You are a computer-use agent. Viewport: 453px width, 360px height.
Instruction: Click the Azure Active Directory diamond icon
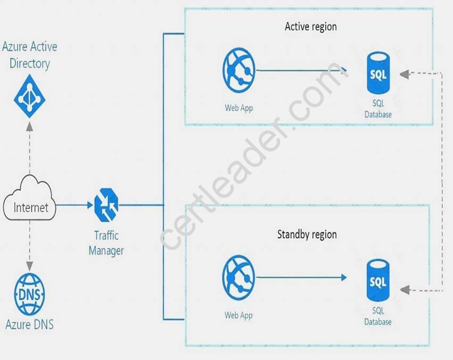[29, 96]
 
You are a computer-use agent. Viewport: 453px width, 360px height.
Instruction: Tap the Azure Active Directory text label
[29, 55]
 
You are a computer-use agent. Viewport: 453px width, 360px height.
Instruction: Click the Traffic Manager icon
[106, 205]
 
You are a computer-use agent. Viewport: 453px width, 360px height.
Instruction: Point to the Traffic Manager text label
[106, 243]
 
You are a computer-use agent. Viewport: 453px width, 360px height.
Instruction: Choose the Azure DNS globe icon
[29, 294]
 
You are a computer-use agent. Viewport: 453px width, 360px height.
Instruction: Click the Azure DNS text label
[29, 324]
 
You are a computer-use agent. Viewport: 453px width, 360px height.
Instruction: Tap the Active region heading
[311, 27]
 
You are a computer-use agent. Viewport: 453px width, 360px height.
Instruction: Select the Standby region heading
[307, 234]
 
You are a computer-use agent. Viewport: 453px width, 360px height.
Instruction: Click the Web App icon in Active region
[239, 70]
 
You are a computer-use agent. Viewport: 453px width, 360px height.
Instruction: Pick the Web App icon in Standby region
[238, 277]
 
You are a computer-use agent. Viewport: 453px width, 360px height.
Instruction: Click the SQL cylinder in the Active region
[378, 73]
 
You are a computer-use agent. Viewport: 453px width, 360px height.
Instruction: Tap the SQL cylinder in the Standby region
[378, 280]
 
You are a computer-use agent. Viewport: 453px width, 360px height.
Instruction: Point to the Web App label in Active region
[239, 108]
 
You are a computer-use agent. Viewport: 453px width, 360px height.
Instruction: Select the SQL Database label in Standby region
[378, 316]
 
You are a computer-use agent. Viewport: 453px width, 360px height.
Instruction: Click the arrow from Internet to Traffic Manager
[74, 205]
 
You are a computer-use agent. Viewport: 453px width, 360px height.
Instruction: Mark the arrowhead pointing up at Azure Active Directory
[29, 127]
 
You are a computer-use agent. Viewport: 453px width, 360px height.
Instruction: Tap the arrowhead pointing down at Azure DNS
[29, 267]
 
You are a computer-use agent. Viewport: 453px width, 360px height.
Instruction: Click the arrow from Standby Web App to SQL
[301, 277]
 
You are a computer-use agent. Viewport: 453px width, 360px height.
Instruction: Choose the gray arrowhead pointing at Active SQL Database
[405, 74]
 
